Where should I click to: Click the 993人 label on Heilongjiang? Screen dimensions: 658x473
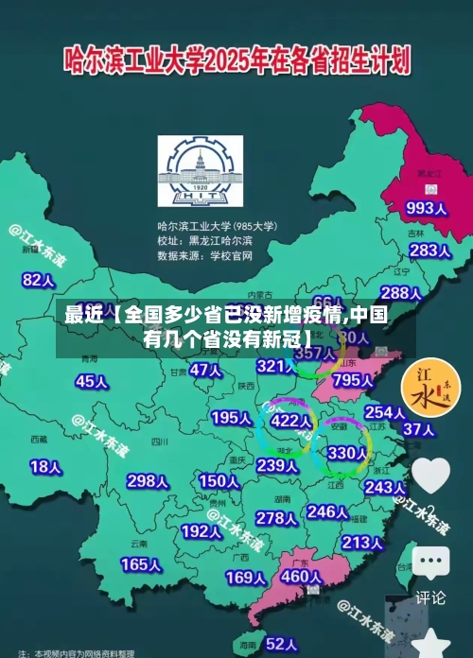click(426, 207)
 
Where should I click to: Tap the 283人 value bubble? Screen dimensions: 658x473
click(429, 251)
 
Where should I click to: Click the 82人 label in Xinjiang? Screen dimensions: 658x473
click(39, 280)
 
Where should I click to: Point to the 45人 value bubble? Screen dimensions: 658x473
click(92, 381)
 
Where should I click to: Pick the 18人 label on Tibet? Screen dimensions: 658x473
click(45, 466)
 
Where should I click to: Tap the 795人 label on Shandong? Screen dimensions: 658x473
click(353, 380)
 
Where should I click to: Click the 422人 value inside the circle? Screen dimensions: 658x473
click(290, 420)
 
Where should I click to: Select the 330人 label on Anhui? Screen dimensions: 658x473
click(346, 453)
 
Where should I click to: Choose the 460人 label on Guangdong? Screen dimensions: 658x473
click(302, 576)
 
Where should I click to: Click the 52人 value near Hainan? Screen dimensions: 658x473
click(281, 644)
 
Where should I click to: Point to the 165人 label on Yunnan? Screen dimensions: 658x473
click(141, 564)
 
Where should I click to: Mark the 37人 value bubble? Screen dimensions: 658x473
click(418, 429)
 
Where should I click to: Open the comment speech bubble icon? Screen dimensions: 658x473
click(429, 563)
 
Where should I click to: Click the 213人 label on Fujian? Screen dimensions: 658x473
click(362, 543)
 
